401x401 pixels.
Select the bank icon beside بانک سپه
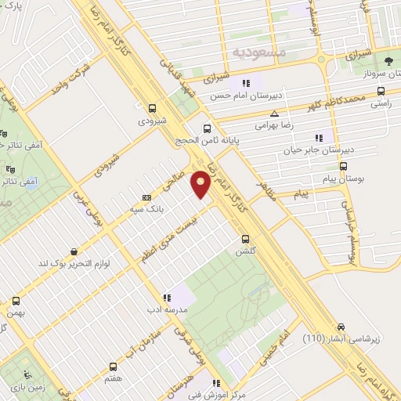147,197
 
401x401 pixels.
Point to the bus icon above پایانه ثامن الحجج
207,128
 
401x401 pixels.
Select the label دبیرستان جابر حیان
318,149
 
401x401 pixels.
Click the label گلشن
244,252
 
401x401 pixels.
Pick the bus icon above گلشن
245,239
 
